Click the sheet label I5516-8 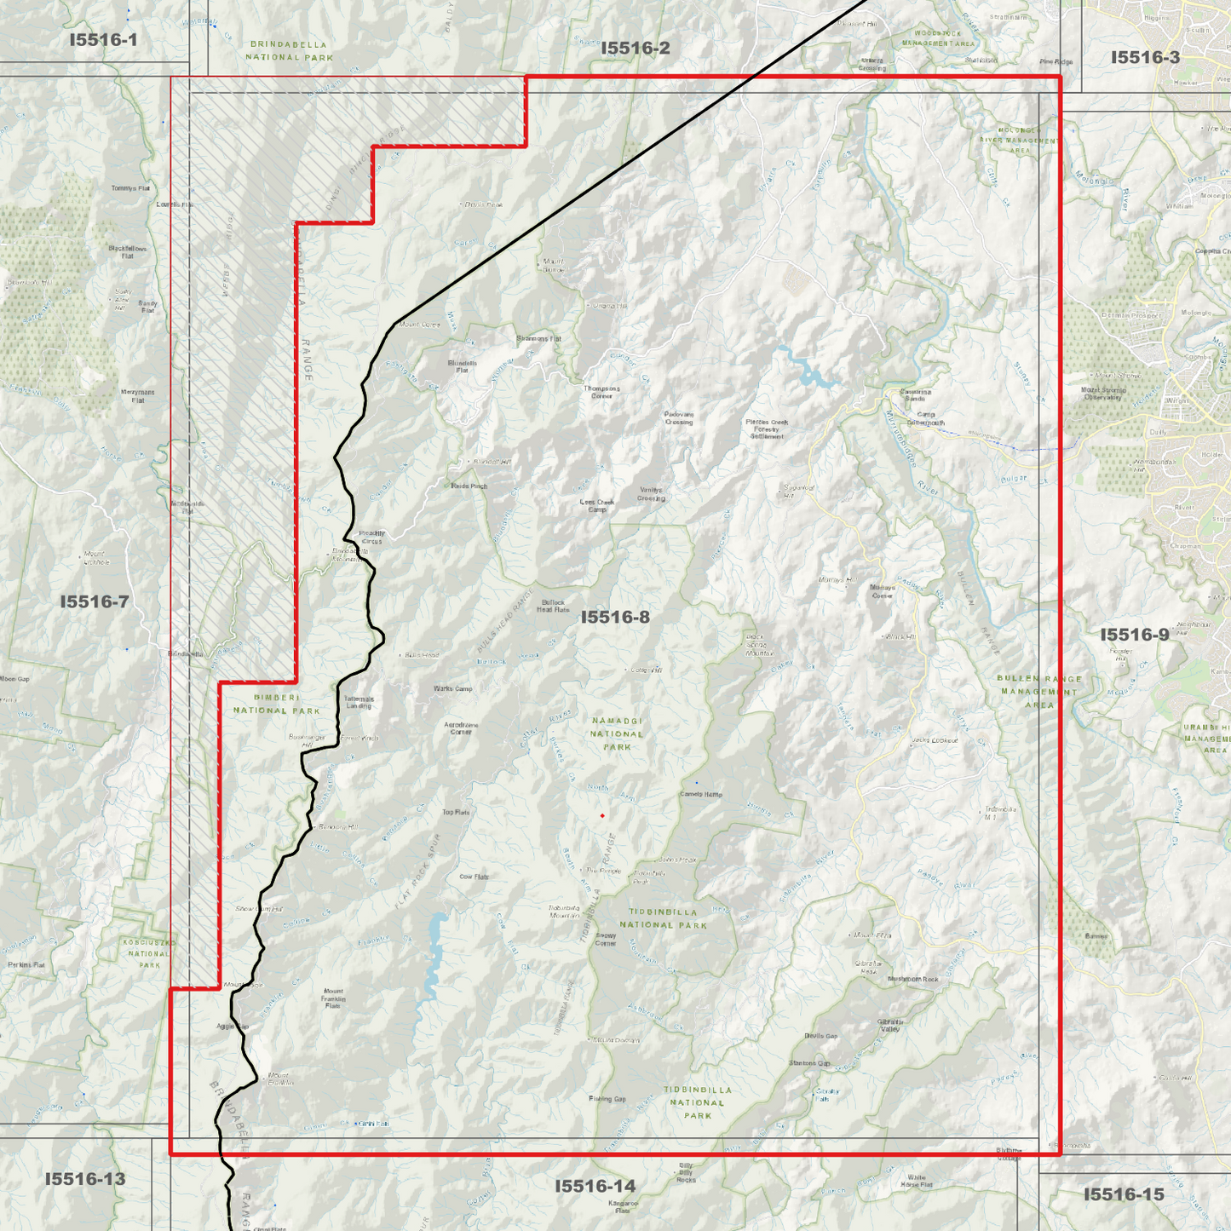click(x=615, y=617)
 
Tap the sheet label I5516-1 click(x=103, y=39)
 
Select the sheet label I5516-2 click(x=636, y=49)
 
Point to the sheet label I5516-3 click(x=1146, y=57)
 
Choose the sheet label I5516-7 click(x=95, y=601)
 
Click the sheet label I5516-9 click(x=1135, y=635)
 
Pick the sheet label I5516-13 click(x=85, y=1179)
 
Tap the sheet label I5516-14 click(x=595, y=1186)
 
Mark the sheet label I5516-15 click(x=1124, y=1194)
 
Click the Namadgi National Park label click(x=617, y=733)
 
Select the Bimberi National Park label click(x=276, y=704)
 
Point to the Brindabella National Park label click(x=289, y=50)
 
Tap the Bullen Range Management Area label click(x=1039, y=692)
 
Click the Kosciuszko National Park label click(x=148, y=954)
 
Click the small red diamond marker click(x=602, y=815)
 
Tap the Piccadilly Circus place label click(x=372, y=537)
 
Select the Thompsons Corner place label click(x=601, y=392)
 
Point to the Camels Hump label click(x=701, y=794)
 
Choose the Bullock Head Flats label click(x=553, y=606)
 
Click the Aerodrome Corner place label click(x=461, y=728)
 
